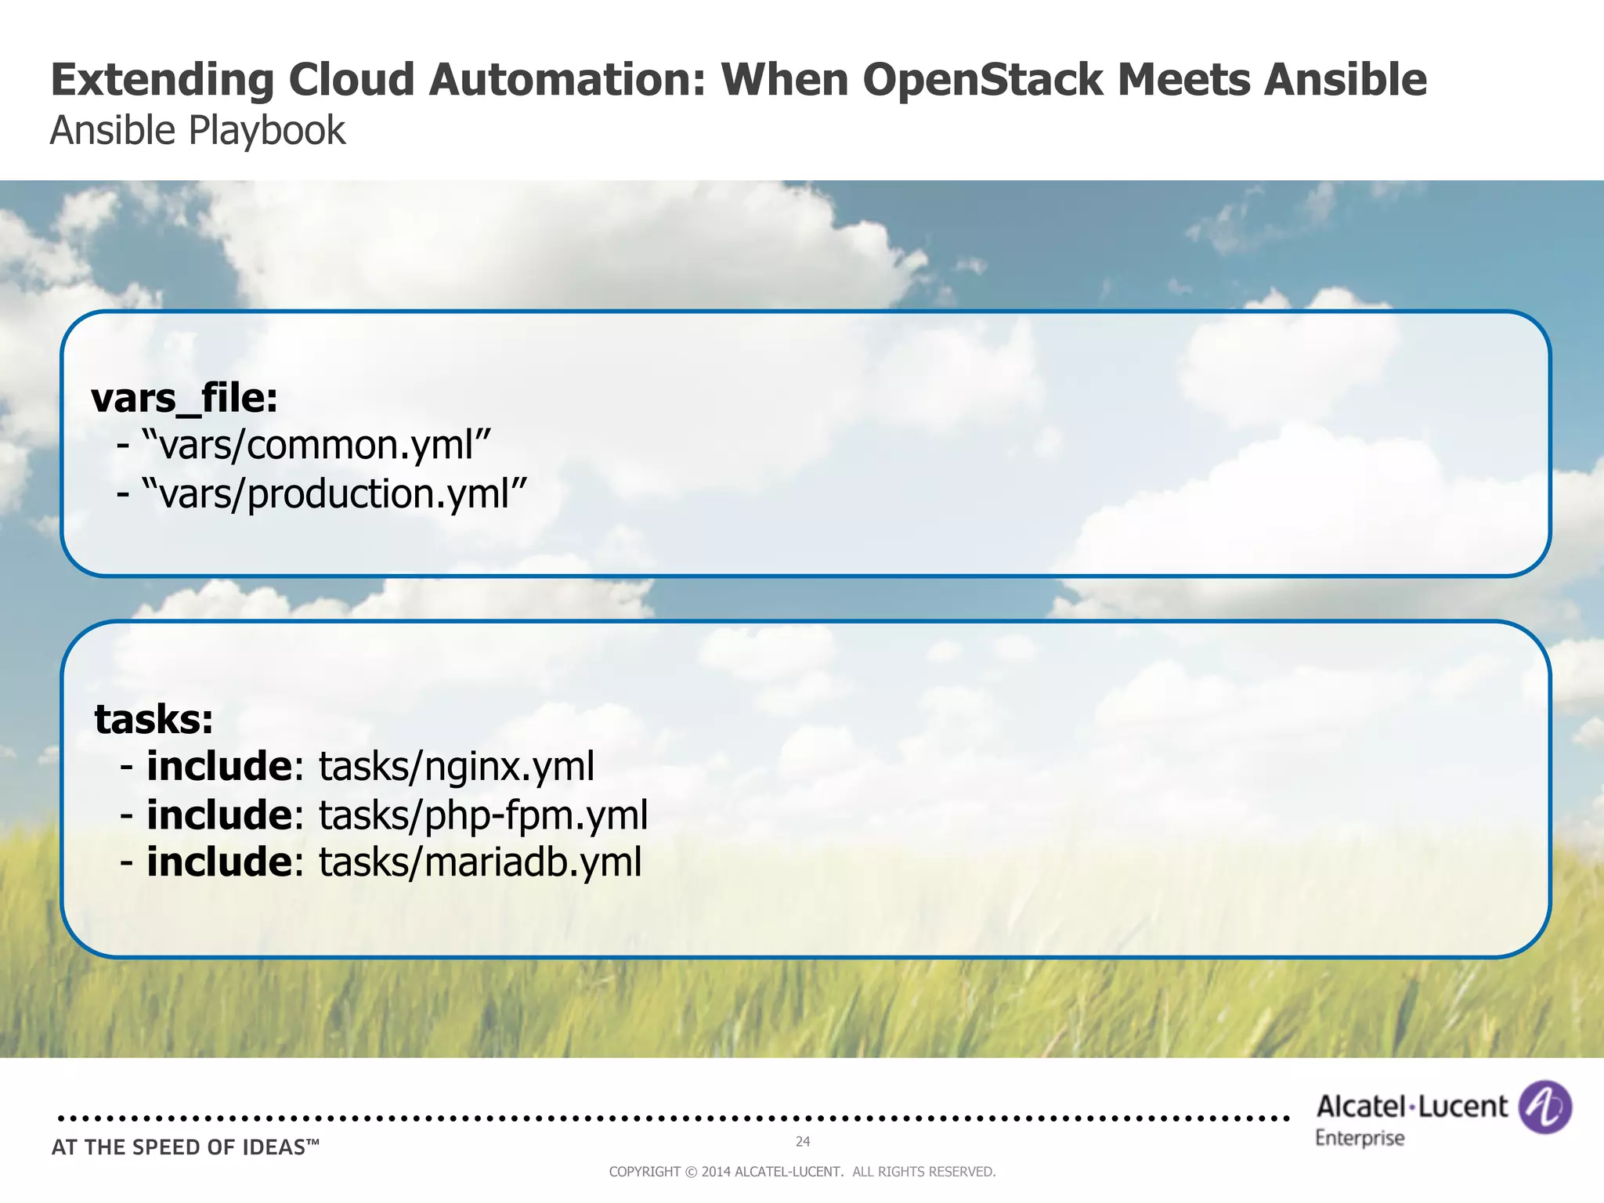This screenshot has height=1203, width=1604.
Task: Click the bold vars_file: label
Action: [185, 398]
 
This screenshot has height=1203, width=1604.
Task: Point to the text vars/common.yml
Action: [316, 445]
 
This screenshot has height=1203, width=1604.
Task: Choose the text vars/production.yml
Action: [334, 494]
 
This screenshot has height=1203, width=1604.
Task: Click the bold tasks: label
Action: [154, 719]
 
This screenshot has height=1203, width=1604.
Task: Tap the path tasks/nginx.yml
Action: [457, 766]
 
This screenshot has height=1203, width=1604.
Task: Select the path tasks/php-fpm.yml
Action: [483, 815]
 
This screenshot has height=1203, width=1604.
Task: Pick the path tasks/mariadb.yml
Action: [480, 862]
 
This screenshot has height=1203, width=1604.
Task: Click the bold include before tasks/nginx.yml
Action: [219, 766]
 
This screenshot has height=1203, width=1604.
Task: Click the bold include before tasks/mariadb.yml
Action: [219, 862]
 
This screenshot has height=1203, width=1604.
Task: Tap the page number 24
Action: [803, 1141]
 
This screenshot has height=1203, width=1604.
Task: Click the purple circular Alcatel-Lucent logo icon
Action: [1544, 1107]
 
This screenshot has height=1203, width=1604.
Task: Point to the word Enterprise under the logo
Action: [1360, 1138]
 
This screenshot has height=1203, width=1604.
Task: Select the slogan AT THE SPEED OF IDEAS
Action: [185, 1147]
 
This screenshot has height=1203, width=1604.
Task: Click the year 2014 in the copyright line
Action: [716, 1172]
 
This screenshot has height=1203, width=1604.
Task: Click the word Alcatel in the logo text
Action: [1361, 1106]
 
